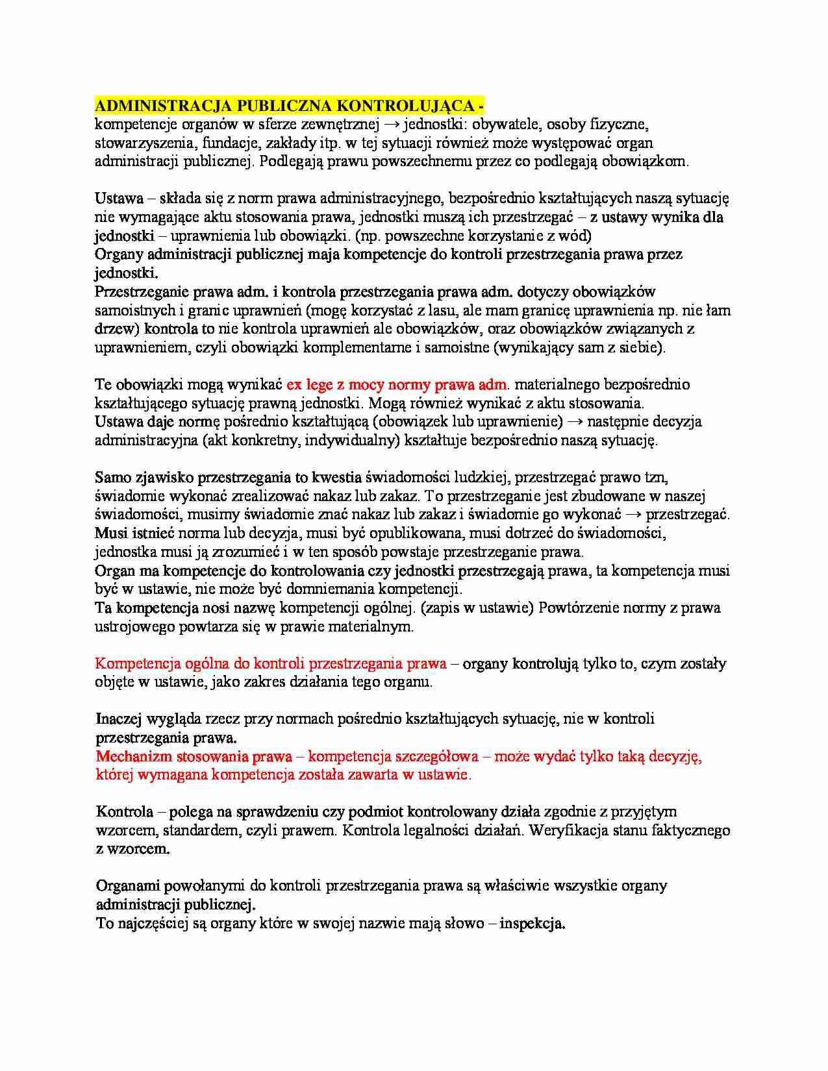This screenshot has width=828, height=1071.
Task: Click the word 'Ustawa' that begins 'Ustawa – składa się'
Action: tap(119, 198)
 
